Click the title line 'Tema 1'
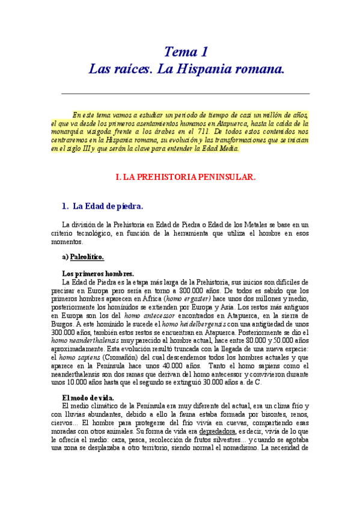tap(186, 52)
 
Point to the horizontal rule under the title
tap(185, 94)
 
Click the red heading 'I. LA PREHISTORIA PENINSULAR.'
tap(186, 177)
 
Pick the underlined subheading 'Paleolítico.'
tap(87, 257)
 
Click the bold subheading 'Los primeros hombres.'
tap(97, 274)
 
